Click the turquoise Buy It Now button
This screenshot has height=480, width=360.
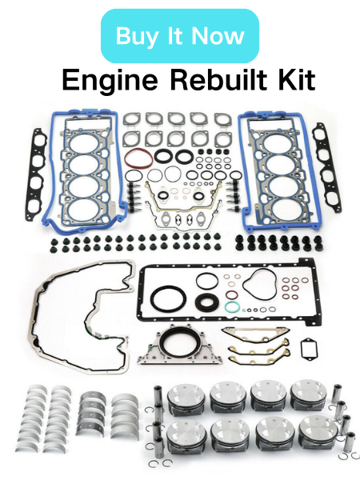(180, 36)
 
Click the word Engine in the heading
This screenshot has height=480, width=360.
(110, 79)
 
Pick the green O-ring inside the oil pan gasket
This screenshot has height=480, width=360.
(232, 306)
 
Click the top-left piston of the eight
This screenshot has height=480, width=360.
(186, 399)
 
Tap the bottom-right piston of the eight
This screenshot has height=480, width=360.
(318, 434)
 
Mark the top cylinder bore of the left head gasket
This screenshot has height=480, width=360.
(83, 144)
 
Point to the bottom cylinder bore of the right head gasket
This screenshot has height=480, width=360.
(287, 209)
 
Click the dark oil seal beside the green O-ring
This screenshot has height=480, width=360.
(207, 302)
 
